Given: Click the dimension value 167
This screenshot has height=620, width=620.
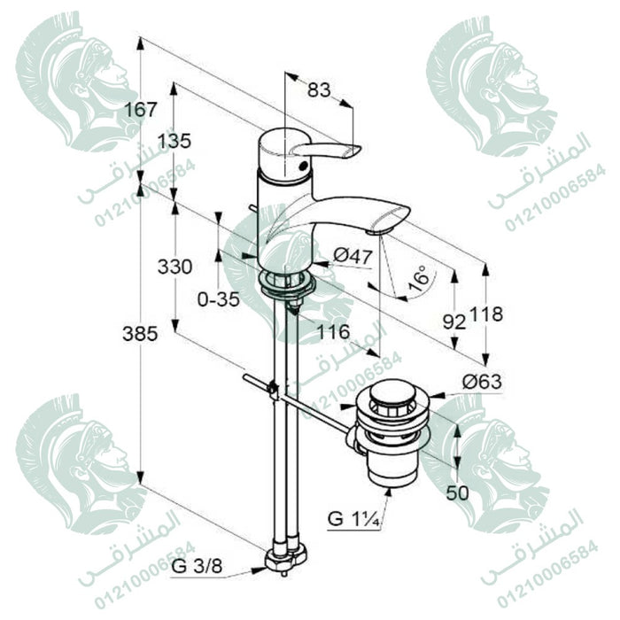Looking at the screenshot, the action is [141, 109].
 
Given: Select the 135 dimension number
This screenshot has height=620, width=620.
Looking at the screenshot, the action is [174, 140].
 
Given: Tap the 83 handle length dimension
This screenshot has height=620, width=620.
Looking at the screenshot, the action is [319, 90].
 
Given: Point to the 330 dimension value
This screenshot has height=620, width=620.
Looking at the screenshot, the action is [174, 267].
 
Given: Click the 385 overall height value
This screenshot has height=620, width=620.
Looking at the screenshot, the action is [140, 334].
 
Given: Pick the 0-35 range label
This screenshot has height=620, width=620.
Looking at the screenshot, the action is [219, 299].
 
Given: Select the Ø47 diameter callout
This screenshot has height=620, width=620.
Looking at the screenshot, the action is [353, 256].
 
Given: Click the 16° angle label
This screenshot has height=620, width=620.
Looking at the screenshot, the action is [419, 278].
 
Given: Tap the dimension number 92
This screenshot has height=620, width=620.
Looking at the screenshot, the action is [454, 322].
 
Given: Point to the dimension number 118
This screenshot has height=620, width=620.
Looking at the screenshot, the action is [486, 314].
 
